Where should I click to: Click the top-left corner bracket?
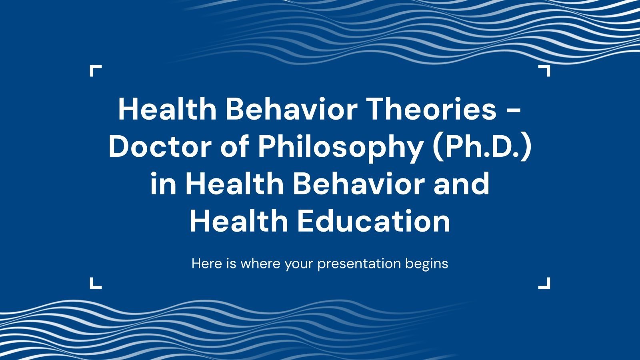pos(95,71)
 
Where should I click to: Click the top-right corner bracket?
pos(545,71)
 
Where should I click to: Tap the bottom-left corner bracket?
pos(95,283)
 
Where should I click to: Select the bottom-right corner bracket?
pos(545,283)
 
